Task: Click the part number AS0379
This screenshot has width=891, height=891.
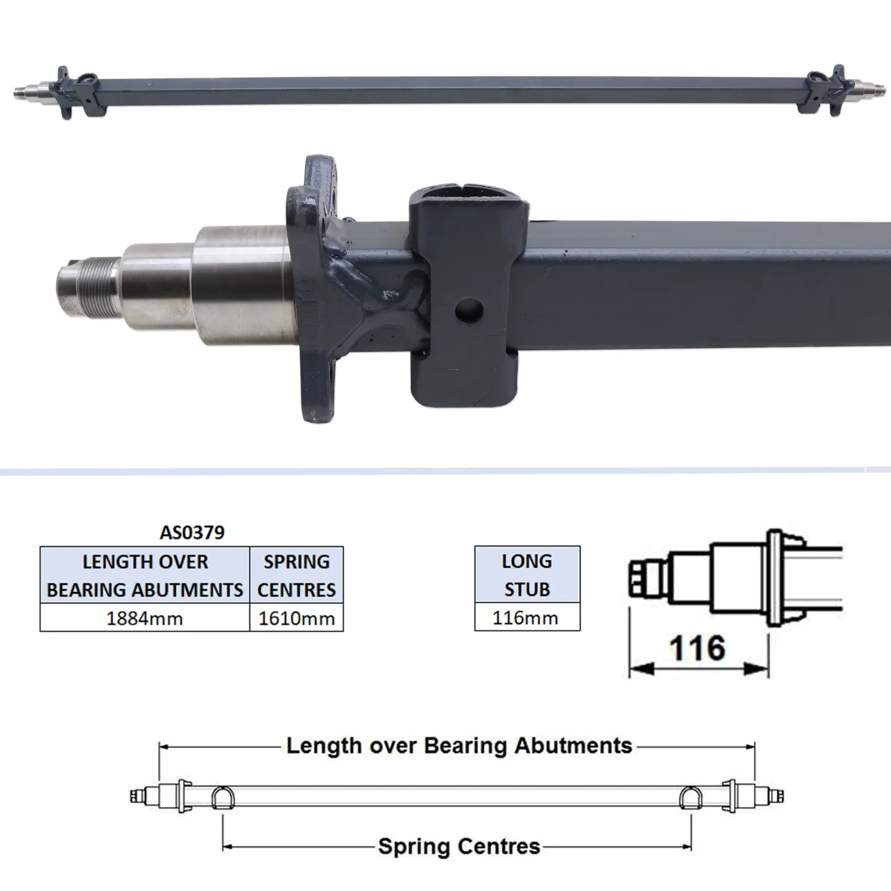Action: (x=192, y=532)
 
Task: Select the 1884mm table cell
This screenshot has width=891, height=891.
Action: (x=144, y=618)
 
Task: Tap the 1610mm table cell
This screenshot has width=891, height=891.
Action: (x=296, y=618)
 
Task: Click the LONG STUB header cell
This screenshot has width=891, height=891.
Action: (x=526, y=575)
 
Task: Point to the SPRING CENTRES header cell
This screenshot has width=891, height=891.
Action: (x=296, y=575)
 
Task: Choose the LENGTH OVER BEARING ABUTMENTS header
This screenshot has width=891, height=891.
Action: (x=145, y=575)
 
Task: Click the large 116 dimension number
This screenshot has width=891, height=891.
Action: (x=697, y=648)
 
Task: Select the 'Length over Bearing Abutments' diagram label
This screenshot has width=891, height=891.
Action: (x=459, y=746)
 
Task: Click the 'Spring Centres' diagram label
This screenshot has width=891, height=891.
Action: (x=459, y=847)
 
